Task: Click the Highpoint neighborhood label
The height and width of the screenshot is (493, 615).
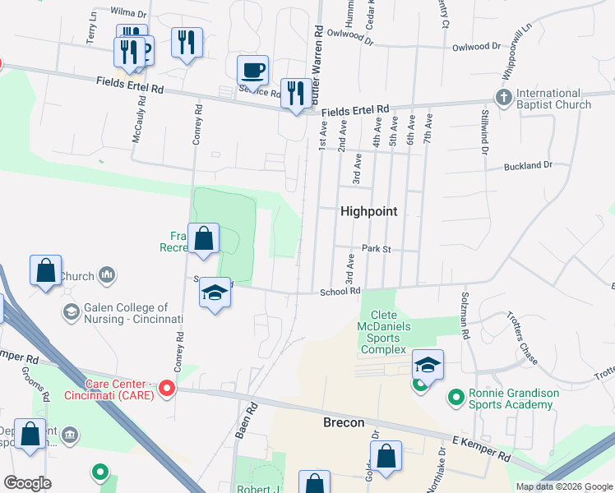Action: tap(368, 211)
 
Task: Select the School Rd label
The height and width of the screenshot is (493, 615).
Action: tap(340, 291)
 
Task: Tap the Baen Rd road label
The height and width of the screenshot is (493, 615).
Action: tap(243, 419)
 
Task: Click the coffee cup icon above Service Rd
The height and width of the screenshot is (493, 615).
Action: tap(253, 70)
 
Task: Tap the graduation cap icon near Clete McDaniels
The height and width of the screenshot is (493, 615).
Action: tap(428, 364)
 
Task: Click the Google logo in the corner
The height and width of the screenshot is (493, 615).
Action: tap(27, 483)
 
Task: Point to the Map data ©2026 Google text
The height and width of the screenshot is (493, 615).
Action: tap(564, 486)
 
